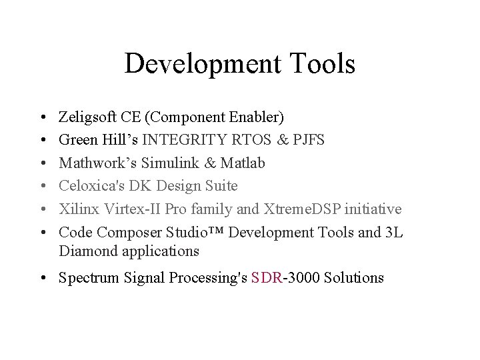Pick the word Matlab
coord(242,163)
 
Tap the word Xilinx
coord(77,209)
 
